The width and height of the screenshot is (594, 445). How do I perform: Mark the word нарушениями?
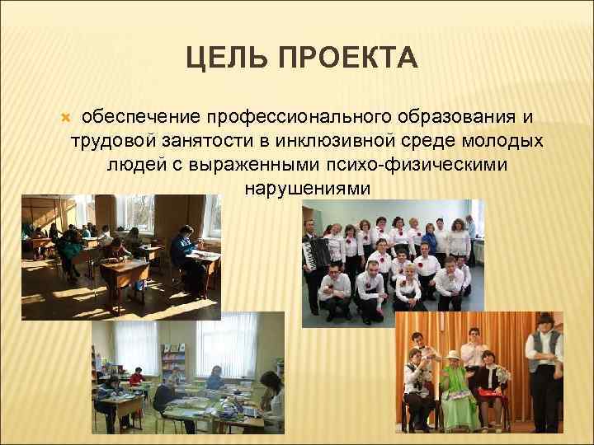(x=308, y=189)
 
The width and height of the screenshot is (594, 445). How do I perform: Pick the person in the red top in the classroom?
(x=136, y=380)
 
